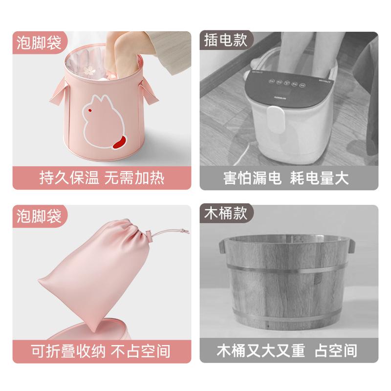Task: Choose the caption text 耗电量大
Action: point(317,178)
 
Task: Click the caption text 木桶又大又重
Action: point(261,350)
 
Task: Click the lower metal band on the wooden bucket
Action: point(286,317)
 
